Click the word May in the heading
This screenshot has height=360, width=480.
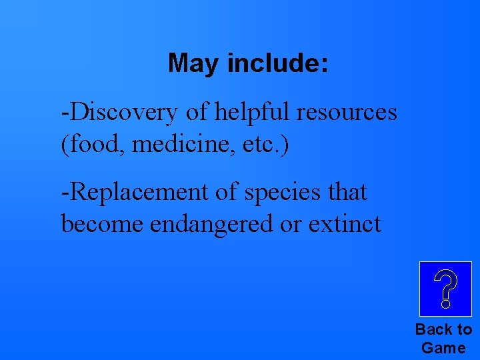pyautogui.click(x=195, y=64)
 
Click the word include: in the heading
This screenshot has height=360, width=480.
pyautogui.click(x=277, y=64)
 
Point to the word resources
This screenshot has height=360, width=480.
pyautogui.click(x=347, y=113)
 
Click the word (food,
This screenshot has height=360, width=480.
pyautogui.click(x=94, y=144)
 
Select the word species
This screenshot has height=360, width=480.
pyautogui.click(x=274, y=192)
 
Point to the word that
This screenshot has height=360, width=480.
pyautogui.click(x=343, y=192)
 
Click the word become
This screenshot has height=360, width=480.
pyautogui.click(x=103, y=224)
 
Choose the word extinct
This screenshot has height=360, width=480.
pyautogui.click(x=345, y=224)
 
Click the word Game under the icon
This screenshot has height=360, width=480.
pyautogui.click(x=444, y=347)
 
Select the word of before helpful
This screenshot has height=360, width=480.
pyautogui.click(x=197, y=113)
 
